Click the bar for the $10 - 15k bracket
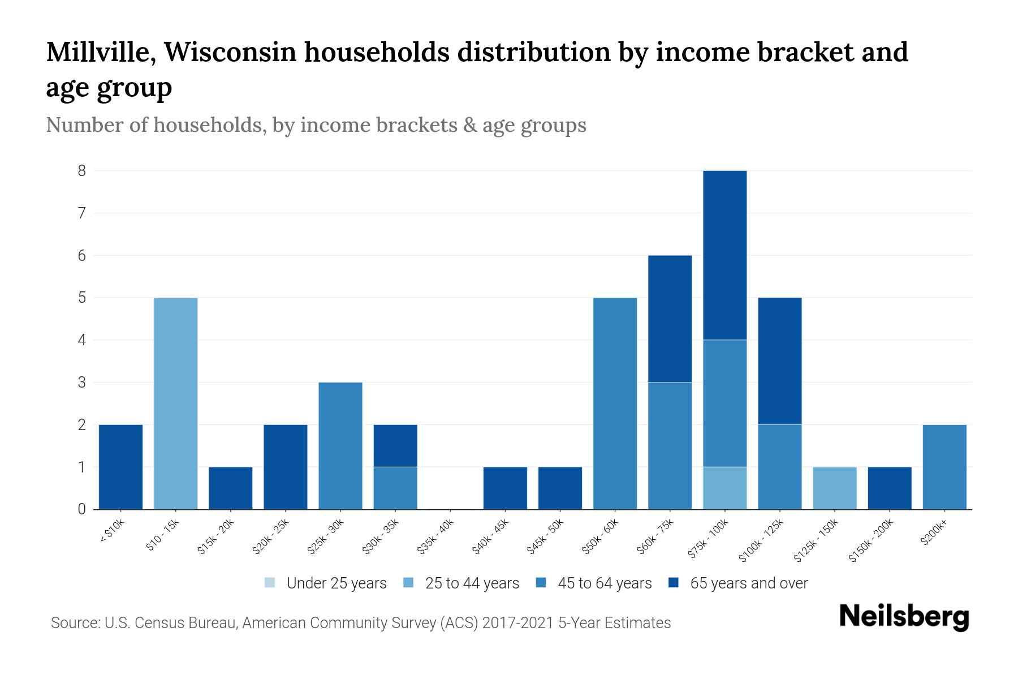pyautogui.click(x=176, y=403)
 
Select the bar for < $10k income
pyautogui.click(x=120, y=467)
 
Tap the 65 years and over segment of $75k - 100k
pyautogui.click(x=725, y=255)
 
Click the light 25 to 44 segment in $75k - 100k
pyautogui.click(x=725, y=488)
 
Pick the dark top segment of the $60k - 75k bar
pyautogui.click(x=670, y=319)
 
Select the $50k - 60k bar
pyautogui.click(x=615, y=403)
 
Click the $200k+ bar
pyautogui.click(x=944, y=467)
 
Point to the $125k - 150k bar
pyautogui.click(x=835, y=488)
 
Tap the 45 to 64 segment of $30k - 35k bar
pyautogui.click(x=395, y=488)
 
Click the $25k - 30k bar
pyautogui.click(x=340, y=446)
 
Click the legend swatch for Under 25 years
pyautogui.click(x=270, y=583)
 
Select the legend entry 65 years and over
pyautogui.click(x=748, y=583)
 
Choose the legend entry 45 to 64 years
pyautogui.click(x=604, y=583)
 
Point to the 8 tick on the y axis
pyautogui.click(x=82, y=170)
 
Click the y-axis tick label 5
pyautogui.click(x=82, y=298)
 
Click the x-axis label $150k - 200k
pyautogui.click(x=871, y=540)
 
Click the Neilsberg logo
pyautogui.click(x=904, y=617)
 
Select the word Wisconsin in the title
pyautogui.click(x=232, y=52)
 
